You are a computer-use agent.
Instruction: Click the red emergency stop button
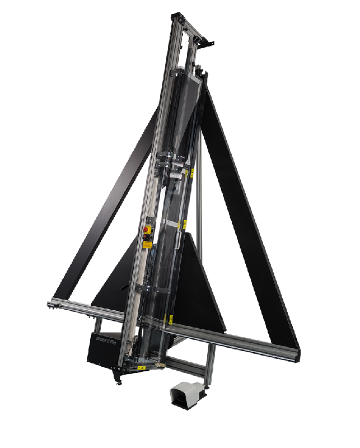pyautogui.click(x=147, y=230)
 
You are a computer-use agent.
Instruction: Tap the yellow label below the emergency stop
pyautogui.click(x=147, y=242)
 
